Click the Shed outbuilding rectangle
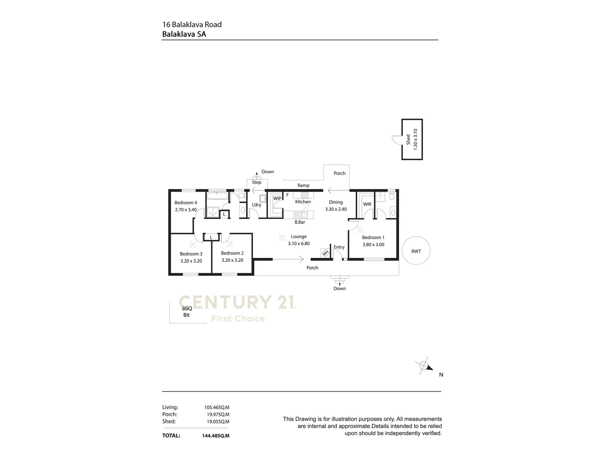click(x=412, y=139)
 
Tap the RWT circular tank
click(x=416, y=251)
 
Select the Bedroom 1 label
click(x=373, y=237)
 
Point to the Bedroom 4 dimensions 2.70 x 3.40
click(x=186, y=210)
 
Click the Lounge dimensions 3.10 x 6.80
click(x=299, y=244)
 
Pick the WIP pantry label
click(x=277, y=198)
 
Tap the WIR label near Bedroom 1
click(x=367, y=204)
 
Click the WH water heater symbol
click(x=325, y=253)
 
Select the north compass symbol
click(x=425, y=366)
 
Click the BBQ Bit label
click(x=187, y=312)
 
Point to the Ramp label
click(x=303, y=185)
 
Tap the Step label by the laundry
click(x=257, y=182)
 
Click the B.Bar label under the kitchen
click(x=299, y=222)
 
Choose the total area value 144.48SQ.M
click(x=216, y=436)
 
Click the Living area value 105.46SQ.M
click(x=216, y=407)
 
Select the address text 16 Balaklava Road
click(x=192, y=24)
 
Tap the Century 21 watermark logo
click(x=238, y=302)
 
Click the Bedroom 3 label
click(x=191, y=254)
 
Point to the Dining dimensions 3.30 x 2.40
click(x=336, y=209)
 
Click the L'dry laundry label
click(x=256, y=205)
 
